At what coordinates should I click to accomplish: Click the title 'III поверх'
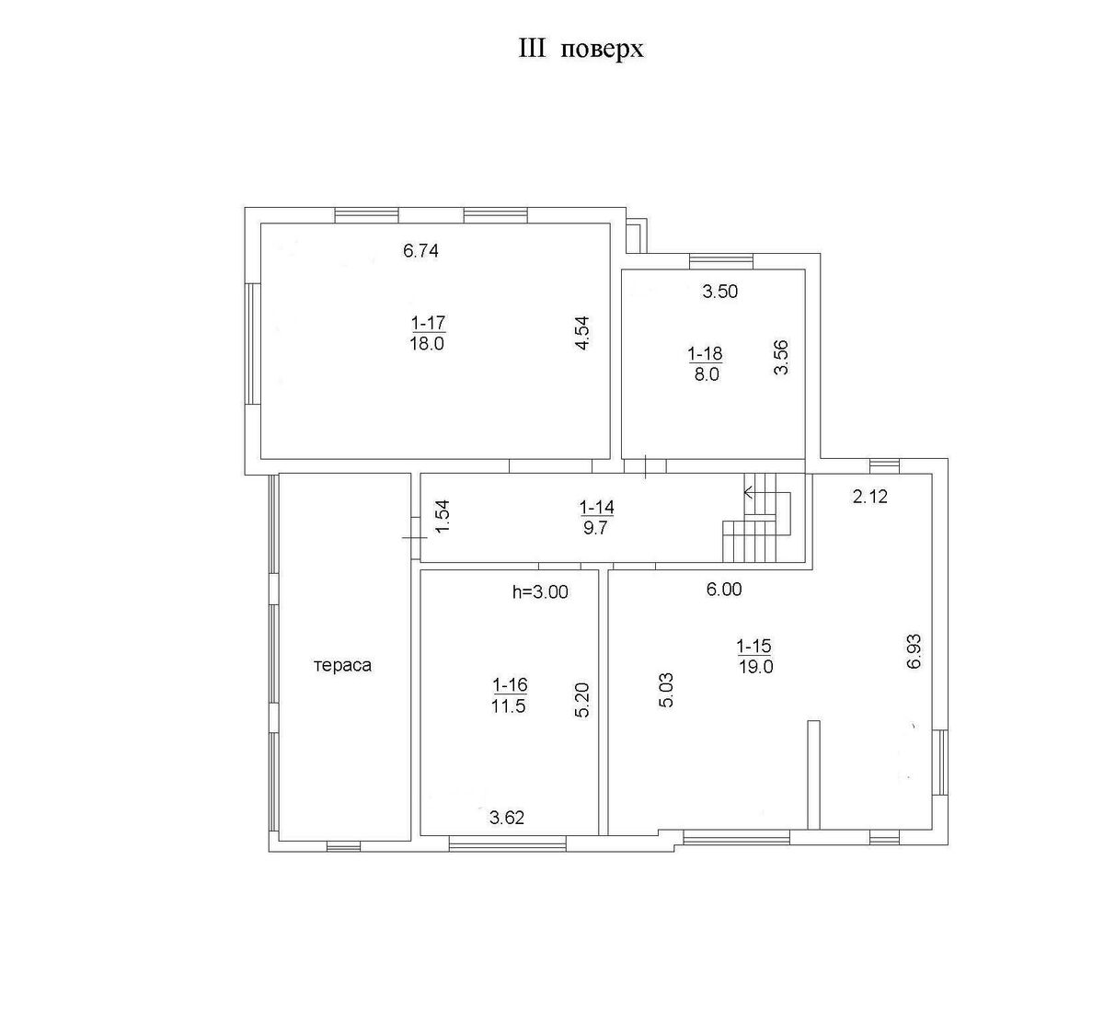pyautogui.click(x=581, y=50)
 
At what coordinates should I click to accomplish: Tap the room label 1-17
pyautogui.click(x=428, y=322)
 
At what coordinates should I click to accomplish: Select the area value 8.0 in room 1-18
pyautogui.click(x=706, y=374)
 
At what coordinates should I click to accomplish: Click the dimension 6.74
pyautogui.click(x=420, y=251)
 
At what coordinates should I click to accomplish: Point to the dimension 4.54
pyautogui.click(x=581, y=333)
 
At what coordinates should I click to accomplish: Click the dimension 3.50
pyautogui.click(x=719, y=292)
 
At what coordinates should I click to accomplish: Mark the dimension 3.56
pyautogui.click(x=781, y=358)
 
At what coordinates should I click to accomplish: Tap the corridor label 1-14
pyautogui.click(x=596, y=507)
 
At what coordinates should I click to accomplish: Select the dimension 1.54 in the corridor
pyautogui.click(x=443, y=516)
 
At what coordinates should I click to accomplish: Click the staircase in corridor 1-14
pyautogui.click(x=757, y=518)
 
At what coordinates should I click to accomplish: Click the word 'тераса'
pyautogui.click(x=342, y=666)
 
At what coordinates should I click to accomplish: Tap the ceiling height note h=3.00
pyautogui.click(x=540, y=591)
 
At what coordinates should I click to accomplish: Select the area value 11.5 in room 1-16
pyautogui.click(x=509, y=706)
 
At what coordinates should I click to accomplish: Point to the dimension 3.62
pyautogui.click(x=507, y=818)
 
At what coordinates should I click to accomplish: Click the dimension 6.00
pyautogui.click(x=724, y=590)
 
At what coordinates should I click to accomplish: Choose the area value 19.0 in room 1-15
pyautogui.click(x=755, y=667)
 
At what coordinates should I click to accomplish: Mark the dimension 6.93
pyautogui.click(x=914, y=651)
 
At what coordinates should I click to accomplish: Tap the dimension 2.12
pyautogui.click(x=870, y=497)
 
